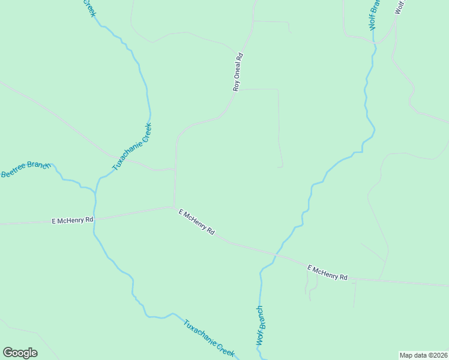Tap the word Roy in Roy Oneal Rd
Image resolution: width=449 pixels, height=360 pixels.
click(237, 86)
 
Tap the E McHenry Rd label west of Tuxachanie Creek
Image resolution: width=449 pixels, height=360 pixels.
click(73, 221)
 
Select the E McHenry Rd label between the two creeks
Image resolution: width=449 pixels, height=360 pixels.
click(196, 222)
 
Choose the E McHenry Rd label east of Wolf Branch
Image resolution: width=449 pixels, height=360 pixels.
click(327, 272)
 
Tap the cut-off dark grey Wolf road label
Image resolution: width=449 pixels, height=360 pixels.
click(400, 7)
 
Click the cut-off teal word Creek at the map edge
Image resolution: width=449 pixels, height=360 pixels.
click(88, 7)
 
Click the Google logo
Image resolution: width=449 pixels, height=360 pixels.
click(20, 353)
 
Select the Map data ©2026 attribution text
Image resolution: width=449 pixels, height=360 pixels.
click(423, 355)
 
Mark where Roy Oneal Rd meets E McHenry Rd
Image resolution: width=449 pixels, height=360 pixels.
click(174, 208)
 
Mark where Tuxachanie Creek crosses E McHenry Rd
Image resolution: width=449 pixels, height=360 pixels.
click(94, 219)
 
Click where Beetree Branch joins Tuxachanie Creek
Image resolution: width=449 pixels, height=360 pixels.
click(94, 191)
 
